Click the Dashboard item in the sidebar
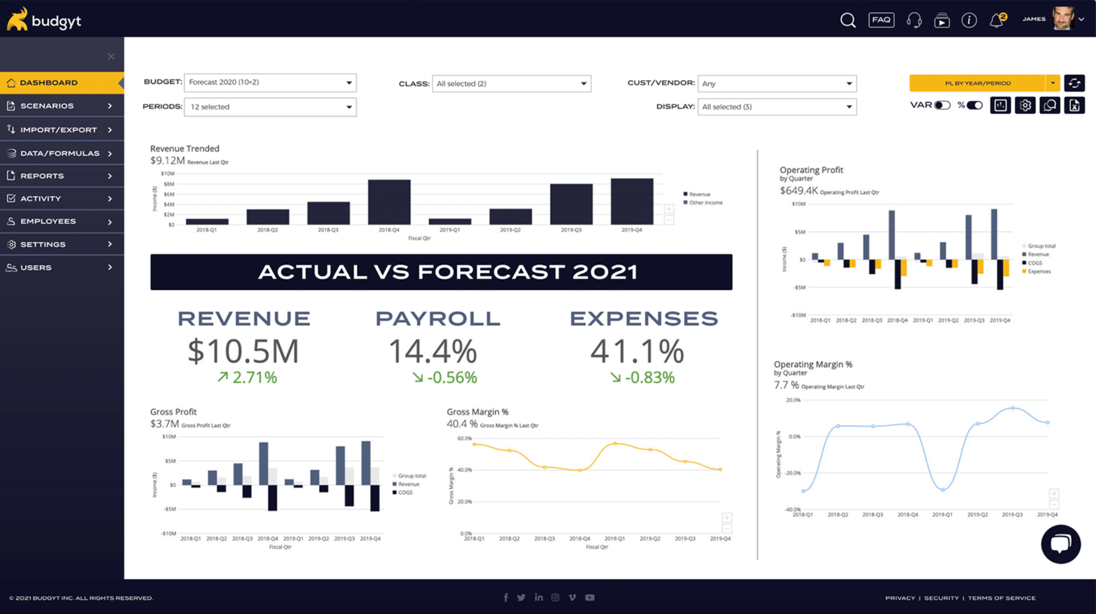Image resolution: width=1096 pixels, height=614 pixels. (49, 83)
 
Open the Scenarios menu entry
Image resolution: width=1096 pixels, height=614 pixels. (47, 106)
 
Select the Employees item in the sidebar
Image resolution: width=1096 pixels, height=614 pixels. (48, 222)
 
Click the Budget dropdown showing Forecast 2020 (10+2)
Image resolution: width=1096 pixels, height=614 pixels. (270, 83)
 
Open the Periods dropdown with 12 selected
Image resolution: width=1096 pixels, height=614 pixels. (270, 107)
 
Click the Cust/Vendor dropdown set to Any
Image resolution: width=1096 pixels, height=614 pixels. (777, 84)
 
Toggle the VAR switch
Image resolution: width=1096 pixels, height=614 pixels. (942, 106)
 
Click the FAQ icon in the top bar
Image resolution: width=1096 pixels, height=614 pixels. (881, 20)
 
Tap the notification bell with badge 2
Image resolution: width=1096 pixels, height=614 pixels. (996, 20)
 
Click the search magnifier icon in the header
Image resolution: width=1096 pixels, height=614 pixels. (848, 20)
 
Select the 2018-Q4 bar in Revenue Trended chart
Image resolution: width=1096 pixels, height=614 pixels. (389, 202)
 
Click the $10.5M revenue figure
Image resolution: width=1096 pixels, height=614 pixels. (244, 352)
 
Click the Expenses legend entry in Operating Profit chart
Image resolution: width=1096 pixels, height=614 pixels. (1039, 272)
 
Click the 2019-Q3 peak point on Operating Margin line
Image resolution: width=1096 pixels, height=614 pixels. (1012, 408)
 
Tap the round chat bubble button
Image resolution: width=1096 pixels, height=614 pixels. (1061, 544)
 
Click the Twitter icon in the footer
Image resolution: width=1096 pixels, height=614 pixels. (521, 597)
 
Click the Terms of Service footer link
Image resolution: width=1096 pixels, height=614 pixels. (1001, 598)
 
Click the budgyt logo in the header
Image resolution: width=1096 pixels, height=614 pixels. (44, 19)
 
